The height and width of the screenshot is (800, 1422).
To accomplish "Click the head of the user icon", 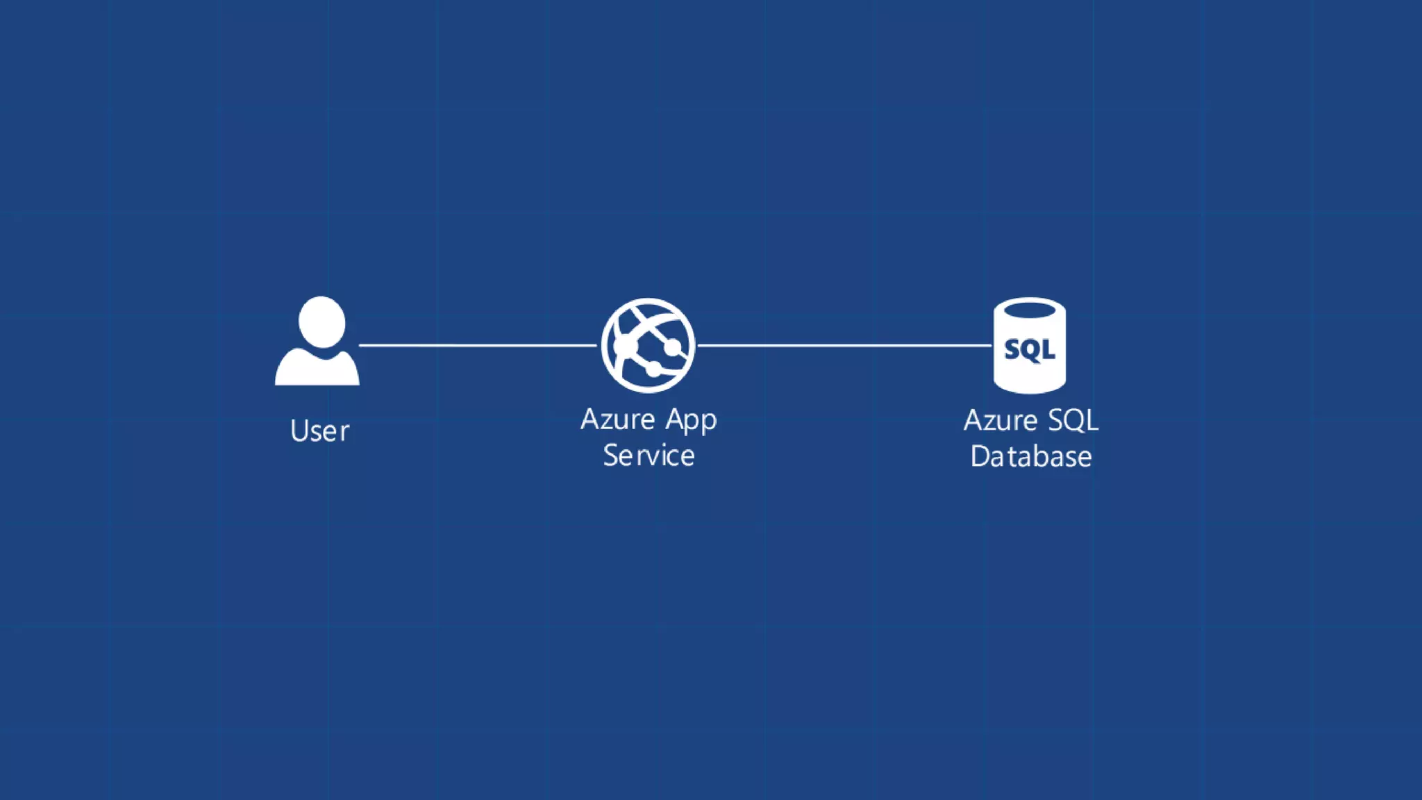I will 321,322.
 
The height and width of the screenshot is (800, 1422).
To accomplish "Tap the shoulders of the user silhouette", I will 317,368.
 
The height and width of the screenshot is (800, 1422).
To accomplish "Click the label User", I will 319,431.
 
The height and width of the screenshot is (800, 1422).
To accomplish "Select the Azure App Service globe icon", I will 648,345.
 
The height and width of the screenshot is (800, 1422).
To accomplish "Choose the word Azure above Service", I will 618,419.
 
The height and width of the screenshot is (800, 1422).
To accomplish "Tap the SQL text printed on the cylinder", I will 1030,349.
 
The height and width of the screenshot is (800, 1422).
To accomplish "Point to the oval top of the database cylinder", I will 1030,310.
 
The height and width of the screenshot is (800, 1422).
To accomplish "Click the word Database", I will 1031,457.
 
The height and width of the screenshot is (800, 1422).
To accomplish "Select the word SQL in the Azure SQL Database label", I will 1073,420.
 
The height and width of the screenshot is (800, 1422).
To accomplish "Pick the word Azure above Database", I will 1001,420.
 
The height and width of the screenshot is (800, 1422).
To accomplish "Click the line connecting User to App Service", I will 478,344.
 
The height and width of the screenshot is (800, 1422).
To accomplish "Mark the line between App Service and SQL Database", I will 844,344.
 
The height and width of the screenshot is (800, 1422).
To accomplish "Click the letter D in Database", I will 979,457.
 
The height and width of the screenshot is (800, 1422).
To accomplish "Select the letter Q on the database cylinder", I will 1031,351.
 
